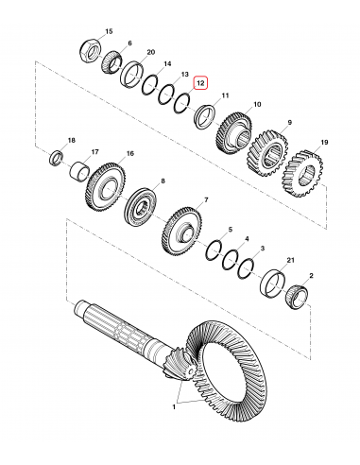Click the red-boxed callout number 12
199,83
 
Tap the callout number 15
110,31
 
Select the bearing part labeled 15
95,47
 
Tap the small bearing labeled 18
57,157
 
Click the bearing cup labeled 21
273,281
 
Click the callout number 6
130,43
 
